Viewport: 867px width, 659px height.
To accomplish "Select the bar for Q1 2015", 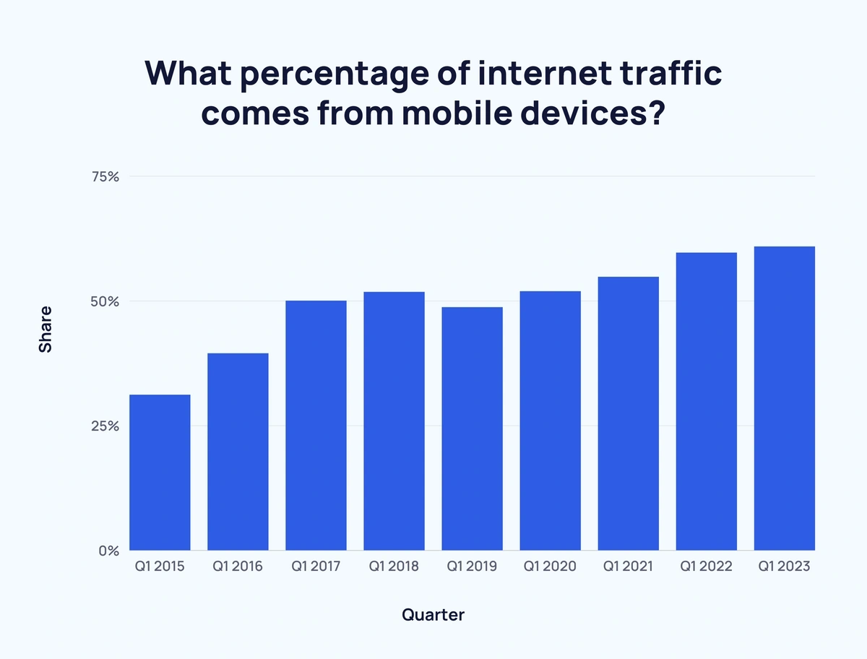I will click(x=160, y=473).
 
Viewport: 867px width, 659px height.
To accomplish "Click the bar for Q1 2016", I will click(x=238, y=452).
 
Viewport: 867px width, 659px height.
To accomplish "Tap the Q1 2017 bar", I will click(x=316, y=426).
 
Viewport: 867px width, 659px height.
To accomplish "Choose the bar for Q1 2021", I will click(x=628, y=413).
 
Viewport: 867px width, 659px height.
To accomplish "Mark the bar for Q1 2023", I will click(x=784, y=398).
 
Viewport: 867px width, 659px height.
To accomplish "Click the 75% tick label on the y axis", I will click(x=104, y=176).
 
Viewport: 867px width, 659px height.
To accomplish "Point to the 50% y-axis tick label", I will click(x=104, y=301).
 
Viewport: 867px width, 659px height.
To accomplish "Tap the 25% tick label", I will click(x=104, y=426).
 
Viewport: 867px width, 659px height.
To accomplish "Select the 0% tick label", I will click(x=109, y=551).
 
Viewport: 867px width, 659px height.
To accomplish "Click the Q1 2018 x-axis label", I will click(x=394, y=567).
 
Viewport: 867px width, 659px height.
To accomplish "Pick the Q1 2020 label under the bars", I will click(x=550, y=567).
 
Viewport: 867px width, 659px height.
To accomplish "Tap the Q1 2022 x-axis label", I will click(x=706, y=567).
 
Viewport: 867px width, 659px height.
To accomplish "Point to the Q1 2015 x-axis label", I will click(x=160, y=567).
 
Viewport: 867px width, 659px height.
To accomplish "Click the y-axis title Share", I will click(x=46, y=329).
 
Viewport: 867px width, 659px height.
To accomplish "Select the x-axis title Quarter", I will click(x=433, y=615).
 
